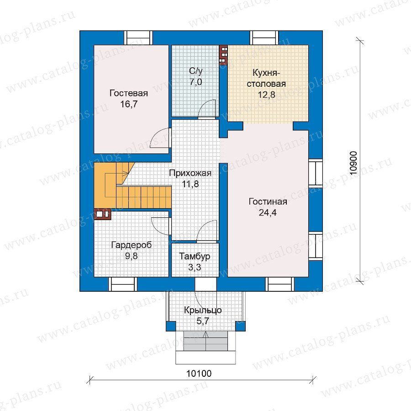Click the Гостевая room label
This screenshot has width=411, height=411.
(x=129, y=93)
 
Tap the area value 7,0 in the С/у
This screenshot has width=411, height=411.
(x=196, y=82)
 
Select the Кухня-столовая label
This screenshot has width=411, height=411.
(x=266, y=78)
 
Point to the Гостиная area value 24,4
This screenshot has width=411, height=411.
(x=268, y=212)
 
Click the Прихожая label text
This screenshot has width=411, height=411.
(x=190, y=173)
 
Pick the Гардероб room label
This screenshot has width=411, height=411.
(x=132, y=245)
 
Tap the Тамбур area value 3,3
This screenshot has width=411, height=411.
(x=195, y=267)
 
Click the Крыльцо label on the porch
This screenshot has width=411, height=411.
(x=203, y=310)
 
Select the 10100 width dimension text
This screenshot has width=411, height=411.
(x=199, y=373)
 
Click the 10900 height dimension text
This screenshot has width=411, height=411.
(x=353, y=163)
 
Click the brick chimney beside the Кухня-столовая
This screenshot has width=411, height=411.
(x=224, y=54)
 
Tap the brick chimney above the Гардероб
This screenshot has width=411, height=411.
(x=102, y=214)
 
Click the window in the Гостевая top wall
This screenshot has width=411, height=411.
(x=138, y=38)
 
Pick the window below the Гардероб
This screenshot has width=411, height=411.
(x=123, y=284)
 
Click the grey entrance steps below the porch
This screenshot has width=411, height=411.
(x=205, y=341)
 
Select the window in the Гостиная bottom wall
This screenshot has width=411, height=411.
(x=280, y=284)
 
